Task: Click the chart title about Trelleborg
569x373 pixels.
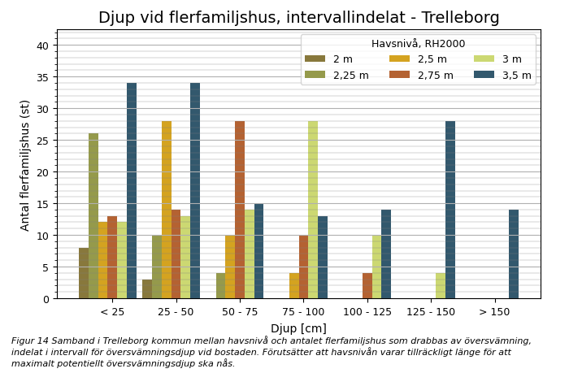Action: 298,18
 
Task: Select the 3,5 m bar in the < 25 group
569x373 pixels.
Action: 132,191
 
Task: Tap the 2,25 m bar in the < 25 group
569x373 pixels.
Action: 93,216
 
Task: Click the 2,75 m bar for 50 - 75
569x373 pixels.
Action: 240,210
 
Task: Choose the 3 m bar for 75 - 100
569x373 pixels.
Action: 313,210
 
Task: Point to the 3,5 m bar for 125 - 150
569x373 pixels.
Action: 450,210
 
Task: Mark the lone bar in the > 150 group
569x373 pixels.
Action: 514,254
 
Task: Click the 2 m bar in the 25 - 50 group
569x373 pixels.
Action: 147,289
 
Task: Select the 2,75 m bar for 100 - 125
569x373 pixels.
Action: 367,286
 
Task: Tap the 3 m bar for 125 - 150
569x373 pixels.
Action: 441,286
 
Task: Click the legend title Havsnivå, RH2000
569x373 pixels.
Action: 418,44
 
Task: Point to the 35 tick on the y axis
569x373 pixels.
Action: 42,77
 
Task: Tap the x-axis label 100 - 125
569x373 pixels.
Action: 367,312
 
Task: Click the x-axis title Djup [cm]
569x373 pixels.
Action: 298,328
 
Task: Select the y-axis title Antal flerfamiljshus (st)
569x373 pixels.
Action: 25,165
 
